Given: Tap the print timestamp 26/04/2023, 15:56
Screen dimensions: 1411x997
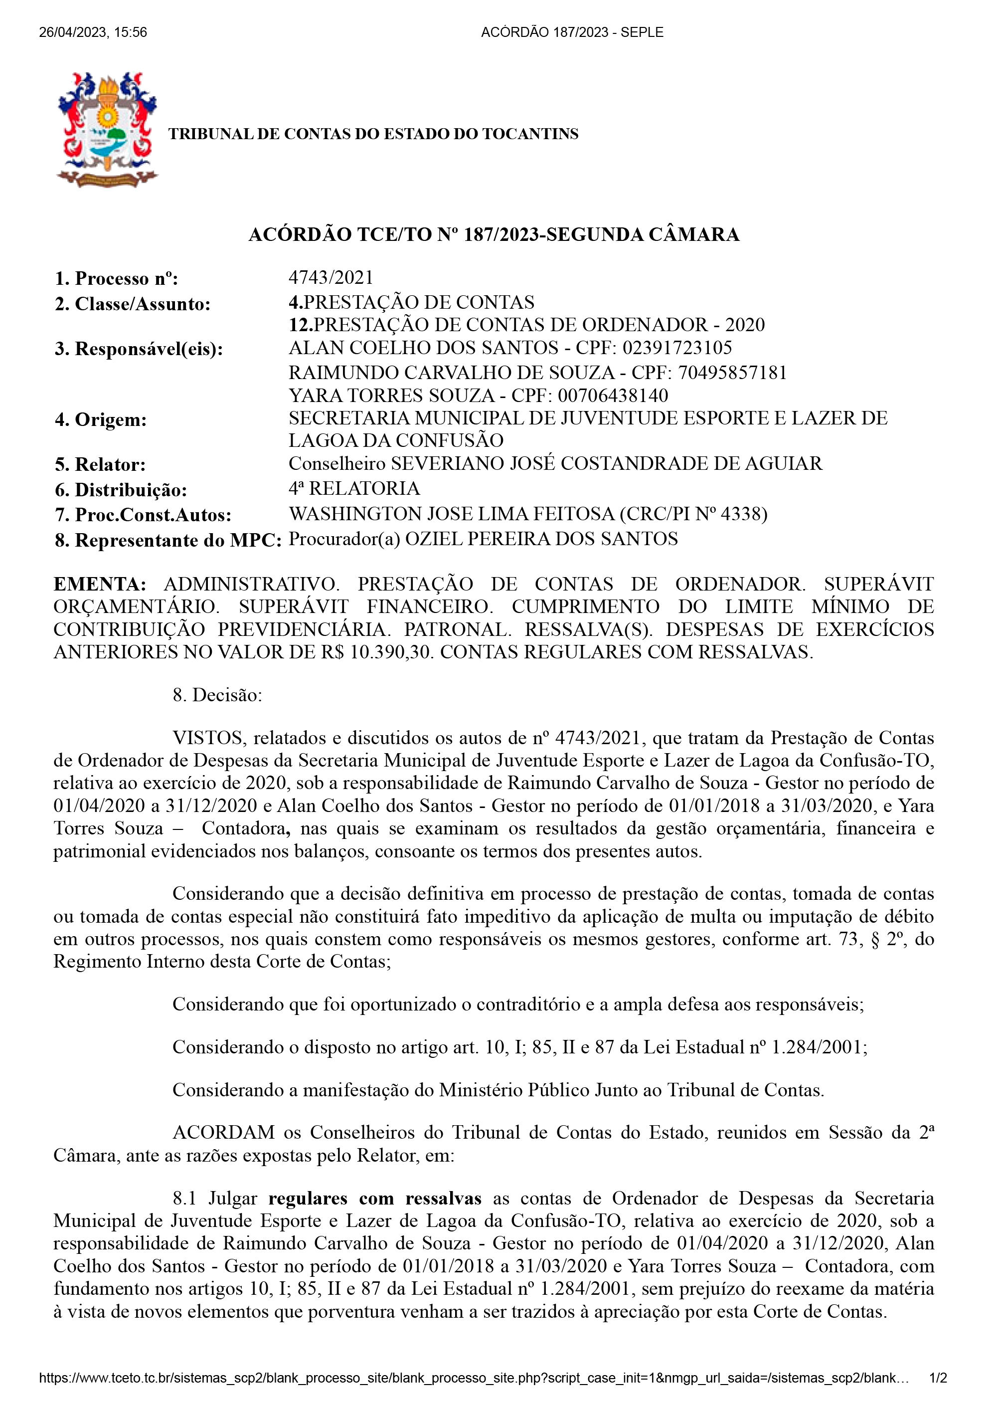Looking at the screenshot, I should click(x=93, y=32).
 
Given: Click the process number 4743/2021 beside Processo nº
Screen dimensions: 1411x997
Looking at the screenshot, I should click(x=331, y=278).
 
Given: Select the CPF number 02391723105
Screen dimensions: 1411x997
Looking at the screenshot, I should click(x=677, y=348).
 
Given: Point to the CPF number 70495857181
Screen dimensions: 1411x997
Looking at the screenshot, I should click(x=732, y=373).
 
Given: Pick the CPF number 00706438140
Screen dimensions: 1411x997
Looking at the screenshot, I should click(x=613, y=395).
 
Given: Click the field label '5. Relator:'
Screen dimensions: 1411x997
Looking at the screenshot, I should click(x=100, y=465).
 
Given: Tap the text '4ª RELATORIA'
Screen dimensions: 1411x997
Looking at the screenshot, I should click(x=354, y=489).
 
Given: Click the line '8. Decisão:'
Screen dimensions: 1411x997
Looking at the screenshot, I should click(x=217, y=695).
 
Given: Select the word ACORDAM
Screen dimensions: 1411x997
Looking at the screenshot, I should click(x=224, y=1133).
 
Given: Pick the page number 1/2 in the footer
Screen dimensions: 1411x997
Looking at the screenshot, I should click(x=938, y=1378).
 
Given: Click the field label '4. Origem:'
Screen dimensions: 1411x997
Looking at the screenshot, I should click(x=101, y=420).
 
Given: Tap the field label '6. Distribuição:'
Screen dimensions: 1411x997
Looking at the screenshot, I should click(x=121, y=490).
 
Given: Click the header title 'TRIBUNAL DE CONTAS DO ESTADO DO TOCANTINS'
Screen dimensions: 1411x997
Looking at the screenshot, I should click(x=373, y=134).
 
